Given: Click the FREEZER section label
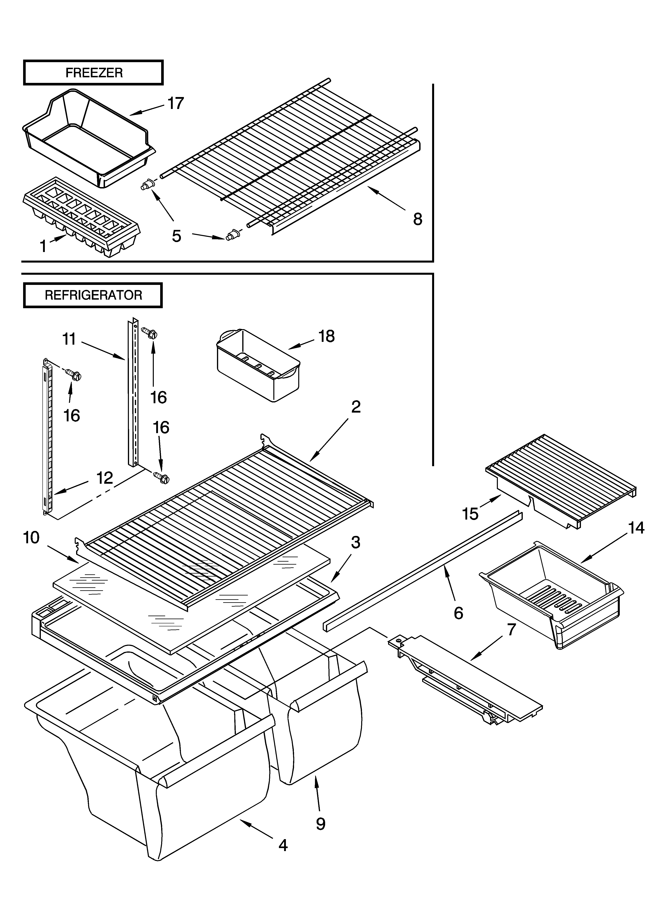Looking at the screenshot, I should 93,73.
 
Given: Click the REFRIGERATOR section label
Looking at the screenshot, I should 93,295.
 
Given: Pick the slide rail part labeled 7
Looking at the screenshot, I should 467,682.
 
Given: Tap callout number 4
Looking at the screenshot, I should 283,868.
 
